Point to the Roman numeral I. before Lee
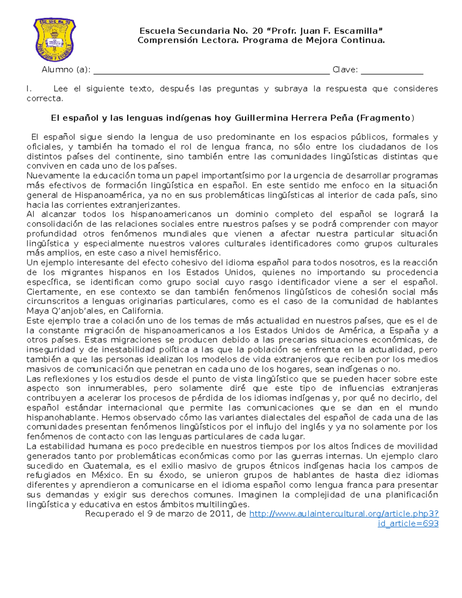coord(29,89)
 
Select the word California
coord(142,311)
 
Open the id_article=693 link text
coord(408,523)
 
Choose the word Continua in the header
coord(367,40)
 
